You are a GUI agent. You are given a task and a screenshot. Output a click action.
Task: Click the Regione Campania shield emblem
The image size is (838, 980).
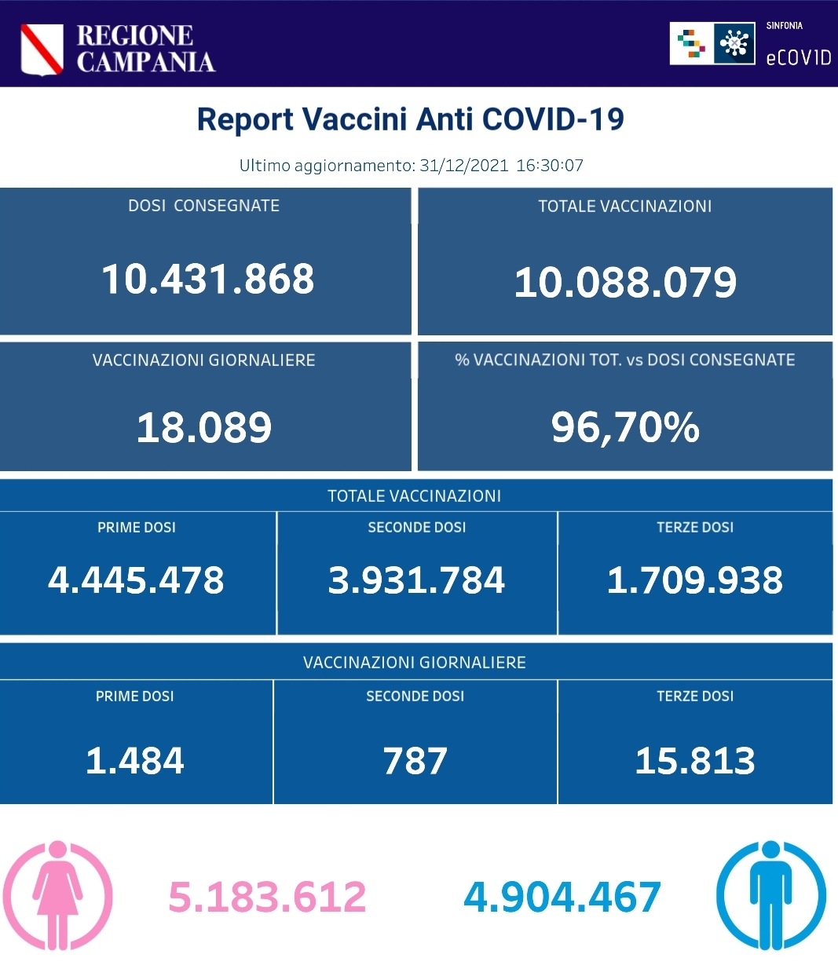(x=42, y=49)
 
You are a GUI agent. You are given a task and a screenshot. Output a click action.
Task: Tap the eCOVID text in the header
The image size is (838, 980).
(x=798, y=57)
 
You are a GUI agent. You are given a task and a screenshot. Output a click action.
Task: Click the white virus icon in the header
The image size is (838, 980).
(x=734, y=43)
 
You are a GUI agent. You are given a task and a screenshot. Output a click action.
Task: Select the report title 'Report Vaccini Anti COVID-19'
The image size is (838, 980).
(x=410, y=119)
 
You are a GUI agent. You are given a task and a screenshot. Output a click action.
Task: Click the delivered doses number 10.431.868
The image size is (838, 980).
(x=208, y=279)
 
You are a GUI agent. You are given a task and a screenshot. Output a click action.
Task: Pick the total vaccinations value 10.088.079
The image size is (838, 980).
(x=625, y=283)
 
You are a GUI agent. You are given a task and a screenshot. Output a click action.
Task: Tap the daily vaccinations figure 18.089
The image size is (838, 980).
(x=204, y=428)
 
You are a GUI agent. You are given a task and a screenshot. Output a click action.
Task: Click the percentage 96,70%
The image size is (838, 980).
(x=625, y=427)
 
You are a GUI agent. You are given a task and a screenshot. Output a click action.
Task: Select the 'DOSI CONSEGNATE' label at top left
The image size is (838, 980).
(x=203, y=206)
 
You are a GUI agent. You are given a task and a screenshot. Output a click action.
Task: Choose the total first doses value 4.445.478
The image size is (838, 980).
(x=136, y=580)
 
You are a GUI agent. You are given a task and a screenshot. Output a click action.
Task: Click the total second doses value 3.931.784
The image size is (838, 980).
(x=416, y=580)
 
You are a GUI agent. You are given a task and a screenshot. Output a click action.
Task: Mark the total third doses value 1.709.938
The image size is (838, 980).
(x=695, y=580)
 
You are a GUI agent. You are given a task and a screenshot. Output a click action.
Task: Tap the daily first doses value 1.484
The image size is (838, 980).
(x=135, y=761)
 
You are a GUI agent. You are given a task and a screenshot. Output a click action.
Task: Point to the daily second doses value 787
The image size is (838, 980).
(x=415, y=761)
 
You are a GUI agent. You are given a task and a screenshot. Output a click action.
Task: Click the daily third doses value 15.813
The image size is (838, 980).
(x=695, y=761)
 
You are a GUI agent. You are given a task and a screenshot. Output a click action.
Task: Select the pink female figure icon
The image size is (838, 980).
(x=57, y=895)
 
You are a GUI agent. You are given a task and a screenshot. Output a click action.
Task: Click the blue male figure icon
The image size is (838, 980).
(x=770, y=895)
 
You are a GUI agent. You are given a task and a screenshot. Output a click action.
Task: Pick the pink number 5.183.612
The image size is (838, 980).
(x=267, y=897)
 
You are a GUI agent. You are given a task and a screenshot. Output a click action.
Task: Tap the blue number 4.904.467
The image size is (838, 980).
(x=562, y=897)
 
